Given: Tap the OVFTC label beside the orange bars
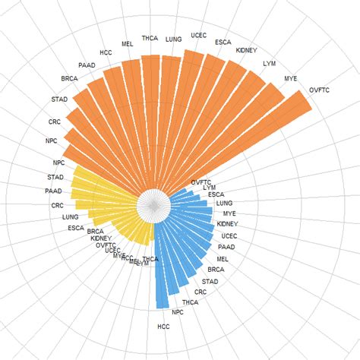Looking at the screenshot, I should click(x=320, y=91).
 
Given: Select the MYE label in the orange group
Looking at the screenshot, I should click(x=291, y=78).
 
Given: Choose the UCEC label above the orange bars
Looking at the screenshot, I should click(x=199, y=35).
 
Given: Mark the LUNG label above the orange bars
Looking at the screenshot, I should click(x=173, y=38).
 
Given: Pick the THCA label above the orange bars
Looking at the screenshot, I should click(x=150, y=38).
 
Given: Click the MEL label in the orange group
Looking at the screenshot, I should click(x=127, y=44).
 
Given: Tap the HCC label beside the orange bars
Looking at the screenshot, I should click(x=106, y=52).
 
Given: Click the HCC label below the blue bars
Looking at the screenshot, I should click(x=163, y=327).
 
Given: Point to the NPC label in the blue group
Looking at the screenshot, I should click(x=178, y=312).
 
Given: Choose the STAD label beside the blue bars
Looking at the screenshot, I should click(x=210, y=282).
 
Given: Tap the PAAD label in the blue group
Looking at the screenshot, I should click(x=226, y=247).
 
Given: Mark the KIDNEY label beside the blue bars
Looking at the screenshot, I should click(x=227, y=224).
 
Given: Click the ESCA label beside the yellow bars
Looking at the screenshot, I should click(x=76, y=228).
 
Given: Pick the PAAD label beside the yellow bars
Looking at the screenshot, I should click(x=53, y=191).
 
